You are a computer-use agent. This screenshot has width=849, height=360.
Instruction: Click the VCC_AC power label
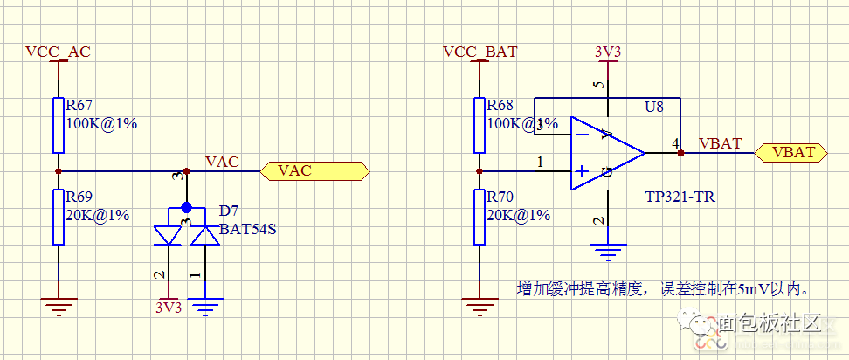click(x=58, y=52)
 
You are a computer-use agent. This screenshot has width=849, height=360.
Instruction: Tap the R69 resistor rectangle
click(x=59, y=217)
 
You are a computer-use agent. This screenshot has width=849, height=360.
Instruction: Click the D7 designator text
click(x=228, y=211)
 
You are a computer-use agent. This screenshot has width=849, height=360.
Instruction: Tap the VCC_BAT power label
click(x=480, y=52)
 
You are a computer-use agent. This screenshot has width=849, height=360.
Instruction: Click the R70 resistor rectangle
click(x=480, y=217)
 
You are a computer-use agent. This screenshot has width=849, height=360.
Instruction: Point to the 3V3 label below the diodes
click(x=169, y=308)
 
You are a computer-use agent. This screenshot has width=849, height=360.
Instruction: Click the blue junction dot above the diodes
click(x=186, y=208)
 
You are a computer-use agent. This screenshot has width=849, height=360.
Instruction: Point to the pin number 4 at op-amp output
click(x=675, y=142)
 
